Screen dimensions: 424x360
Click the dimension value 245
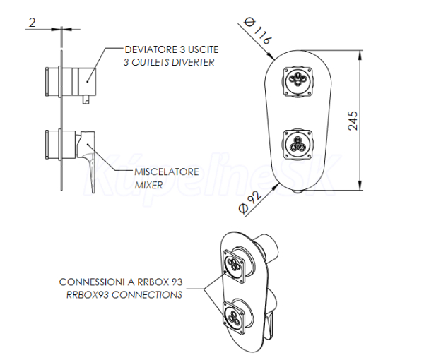tap(353, 121)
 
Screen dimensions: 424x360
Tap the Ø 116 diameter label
tap(257, 30)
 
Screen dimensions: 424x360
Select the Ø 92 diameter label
tap(249, 203)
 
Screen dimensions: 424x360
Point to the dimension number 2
tap(32, 23)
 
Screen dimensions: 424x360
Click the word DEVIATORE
tap(151, 49)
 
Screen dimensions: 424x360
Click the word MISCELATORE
tap(167, 172)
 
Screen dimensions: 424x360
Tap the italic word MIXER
tap(148, 185)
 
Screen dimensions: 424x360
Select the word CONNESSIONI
tap(92, 282)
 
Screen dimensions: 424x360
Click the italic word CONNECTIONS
tap(147, 294)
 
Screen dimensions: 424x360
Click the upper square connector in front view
tap(298, 81)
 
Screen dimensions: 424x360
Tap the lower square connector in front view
tap(298, 144)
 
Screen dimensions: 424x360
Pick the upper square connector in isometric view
tap(234, 266)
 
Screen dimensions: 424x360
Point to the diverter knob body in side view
tap(87, 81)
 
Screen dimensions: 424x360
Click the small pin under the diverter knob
tap(86, 99)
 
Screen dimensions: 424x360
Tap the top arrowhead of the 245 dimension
tap(360, 55)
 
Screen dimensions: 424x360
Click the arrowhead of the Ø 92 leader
tap(276, 186)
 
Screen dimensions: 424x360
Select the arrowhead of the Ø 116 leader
tap(271, 56)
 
